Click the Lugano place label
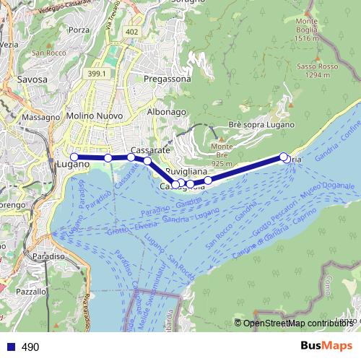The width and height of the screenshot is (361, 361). click(x=71, y=165)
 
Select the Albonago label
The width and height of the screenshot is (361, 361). click(x=167, y=112)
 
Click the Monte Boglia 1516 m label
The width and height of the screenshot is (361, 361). click(x=307, y=30)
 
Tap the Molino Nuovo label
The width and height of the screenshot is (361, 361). click(x=94, y=116)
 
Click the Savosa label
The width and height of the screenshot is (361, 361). click(x=32, y=79)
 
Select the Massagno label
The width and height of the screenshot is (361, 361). click(x=41, y=117)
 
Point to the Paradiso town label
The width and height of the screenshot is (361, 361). click(x=49, y=256)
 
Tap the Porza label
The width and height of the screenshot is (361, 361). click(x=80, y=30)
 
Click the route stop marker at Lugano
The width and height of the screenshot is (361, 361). click(x=74, y=157)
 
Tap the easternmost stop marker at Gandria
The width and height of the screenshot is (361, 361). click(x=287, y=159)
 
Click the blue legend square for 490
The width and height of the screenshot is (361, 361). click(x=10, y=347)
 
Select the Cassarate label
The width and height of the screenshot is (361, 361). click(x=151, y=149)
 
